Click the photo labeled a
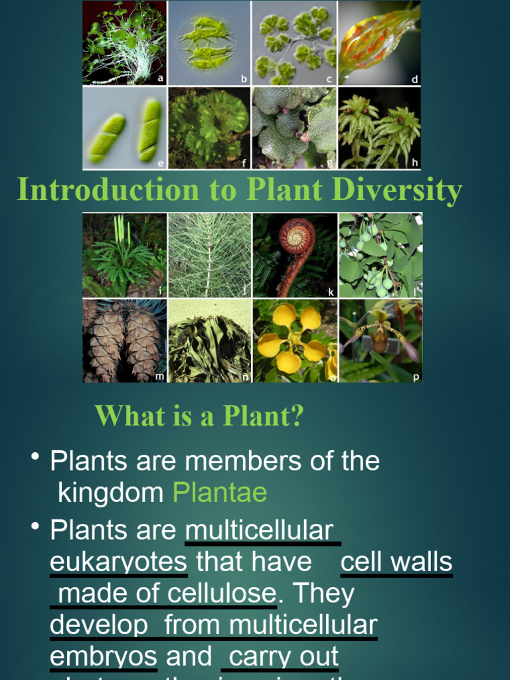tap(125, 43)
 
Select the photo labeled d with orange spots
tap(379, 43)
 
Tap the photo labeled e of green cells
tap(125, 127)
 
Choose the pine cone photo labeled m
tap(125, 341)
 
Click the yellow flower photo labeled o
tap(295, 341)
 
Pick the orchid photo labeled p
tap(380, 341)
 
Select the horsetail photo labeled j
tap(209, 255)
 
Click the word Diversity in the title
tap(397, 190)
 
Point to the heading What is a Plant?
tap(199, 416)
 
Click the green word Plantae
tap(220, 493)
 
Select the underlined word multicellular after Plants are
tap(260, 531)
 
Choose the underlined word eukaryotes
tap(119, 562)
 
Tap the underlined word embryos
tap(104, 656)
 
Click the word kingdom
tap(111, 493)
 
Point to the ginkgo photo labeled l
tap(380, 255)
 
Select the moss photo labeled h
tap(379, 127)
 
